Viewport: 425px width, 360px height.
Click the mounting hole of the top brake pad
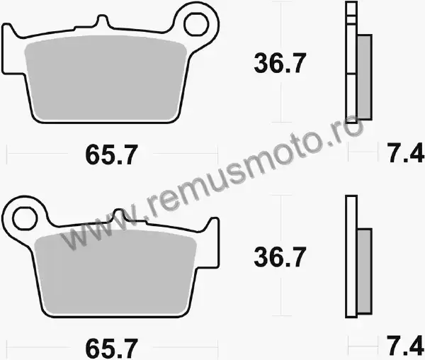pos(196,25)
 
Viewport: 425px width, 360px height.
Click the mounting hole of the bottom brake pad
pos(25,219)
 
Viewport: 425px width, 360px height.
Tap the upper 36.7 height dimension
pos(280,63)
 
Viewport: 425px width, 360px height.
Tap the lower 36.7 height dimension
pos(280,257)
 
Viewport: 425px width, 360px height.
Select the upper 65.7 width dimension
pos(112,154)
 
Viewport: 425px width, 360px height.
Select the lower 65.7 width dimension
pos(112,349)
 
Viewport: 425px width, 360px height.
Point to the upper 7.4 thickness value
pos(405,153)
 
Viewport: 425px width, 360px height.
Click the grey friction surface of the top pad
pos(106,78)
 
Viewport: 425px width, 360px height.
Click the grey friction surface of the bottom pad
pos(115,272)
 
